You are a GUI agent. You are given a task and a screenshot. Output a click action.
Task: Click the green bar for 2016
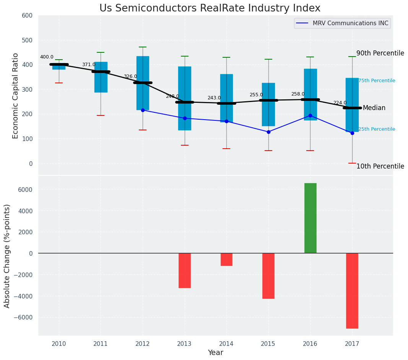click(x=310, y=218)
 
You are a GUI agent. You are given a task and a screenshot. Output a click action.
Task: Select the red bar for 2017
click(x=352, y=290)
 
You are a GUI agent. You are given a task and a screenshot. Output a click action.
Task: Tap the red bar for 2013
click(x=185, y=270)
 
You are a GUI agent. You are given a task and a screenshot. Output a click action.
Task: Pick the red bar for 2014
click(x=226, y=259)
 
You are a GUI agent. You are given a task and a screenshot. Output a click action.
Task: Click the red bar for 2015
click(x=268, y=276)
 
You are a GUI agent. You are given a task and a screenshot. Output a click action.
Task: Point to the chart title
click(x=210, y=8)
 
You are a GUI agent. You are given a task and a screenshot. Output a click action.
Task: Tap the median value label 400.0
click(x=47, y=57)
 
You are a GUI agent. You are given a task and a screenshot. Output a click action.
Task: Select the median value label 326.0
click(x=130, y=76)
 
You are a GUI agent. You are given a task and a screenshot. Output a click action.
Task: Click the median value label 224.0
click(x=340, y=103)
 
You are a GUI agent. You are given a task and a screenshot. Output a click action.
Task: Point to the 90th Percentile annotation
click(x=380, y=53)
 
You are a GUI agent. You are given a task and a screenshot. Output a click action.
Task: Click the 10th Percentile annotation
click(x=380, y=166)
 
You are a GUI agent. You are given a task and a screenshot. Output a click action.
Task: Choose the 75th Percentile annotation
click(x=377, y=81)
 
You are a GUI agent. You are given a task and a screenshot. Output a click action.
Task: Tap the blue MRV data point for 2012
click(x=143, y=110)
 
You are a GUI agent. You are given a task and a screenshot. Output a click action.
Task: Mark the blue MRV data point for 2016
click(x=310, y=115)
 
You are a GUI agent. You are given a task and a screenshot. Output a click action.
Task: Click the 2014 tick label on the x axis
click(x=226, y=344)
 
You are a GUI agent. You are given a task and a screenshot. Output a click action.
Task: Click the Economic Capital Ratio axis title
click(x=16, y=96)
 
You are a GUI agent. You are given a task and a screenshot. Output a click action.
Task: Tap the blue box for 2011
click(x=101, y=77)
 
